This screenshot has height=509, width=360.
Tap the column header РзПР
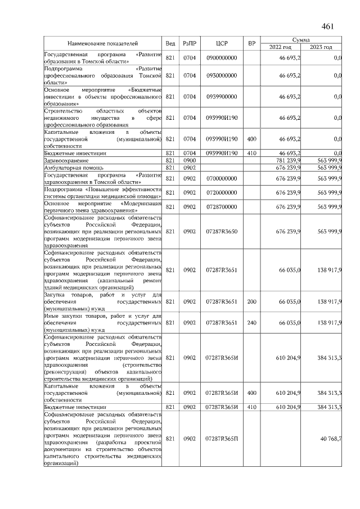[189, 43]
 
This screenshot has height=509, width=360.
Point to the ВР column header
[251, 43]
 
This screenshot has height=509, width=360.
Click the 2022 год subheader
[280, 47]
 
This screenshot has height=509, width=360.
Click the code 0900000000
[222, 58]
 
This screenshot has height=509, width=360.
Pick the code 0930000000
[222, 75]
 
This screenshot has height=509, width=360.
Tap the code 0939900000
[222, 97]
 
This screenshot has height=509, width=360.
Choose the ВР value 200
[251, 301]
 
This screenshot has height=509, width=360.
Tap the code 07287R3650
[222, 232]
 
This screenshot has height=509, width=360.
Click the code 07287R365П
[222, 438]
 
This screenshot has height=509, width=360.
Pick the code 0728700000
[222, 206]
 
